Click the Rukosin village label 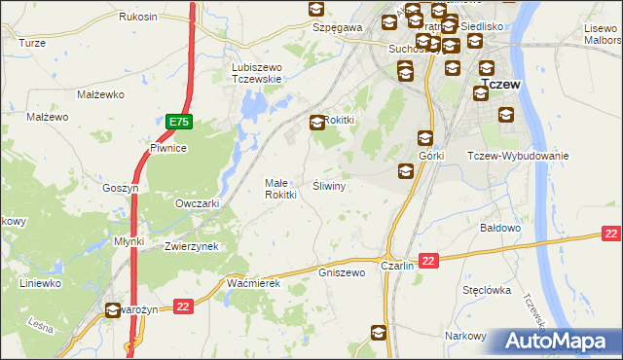[x=138, y=18]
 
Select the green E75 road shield [x=178, y=123]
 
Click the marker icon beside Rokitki [x=318, y=123]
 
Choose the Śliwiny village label [x=329, y=185]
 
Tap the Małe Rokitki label [x=280, y=189]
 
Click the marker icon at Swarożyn [x=114, y=310]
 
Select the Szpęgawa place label [x=338, y=28]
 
